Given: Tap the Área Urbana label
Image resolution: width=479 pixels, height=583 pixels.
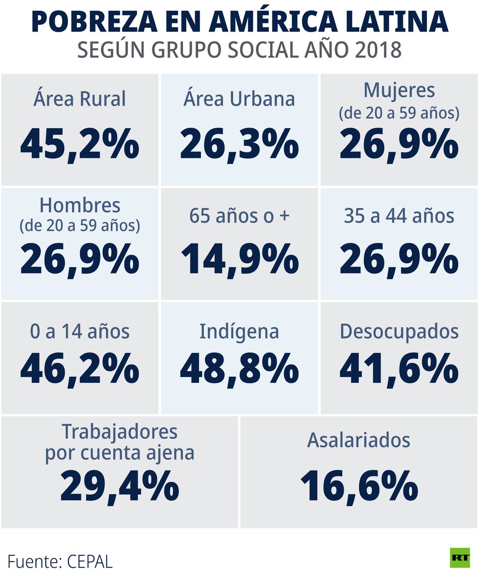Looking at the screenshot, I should tap(239, 99).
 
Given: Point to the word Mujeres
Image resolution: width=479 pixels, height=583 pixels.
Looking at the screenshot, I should tap(399, 91).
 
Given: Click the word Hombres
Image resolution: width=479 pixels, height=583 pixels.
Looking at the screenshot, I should tap(80, 205).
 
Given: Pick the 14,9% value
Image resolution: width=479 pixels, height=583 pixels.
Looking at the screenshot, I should tap(239, 260).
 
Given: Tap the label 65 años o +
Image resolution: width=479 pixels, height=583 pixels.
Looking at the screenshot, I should tap(239, 216).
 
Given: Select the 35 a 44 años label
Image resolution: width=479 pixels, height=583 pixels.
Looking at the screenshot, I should tap(399, 216).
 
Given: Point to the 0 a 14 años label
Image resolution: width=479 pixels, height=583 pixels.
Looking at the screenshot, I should tap(80, 332).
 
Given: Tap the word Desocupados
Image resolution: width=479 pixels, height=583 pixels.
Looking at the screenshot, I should tap(399, 332).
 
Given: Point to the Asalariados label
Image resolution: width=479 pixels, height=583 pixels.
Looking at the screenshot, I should tap(359, 440).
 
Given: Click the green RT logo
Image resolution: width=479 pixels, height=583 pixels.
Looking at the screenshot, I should tap(460, 558).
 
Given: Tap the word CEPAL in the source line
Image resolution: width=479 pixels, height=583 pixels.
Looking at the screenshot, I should tap(90, 562).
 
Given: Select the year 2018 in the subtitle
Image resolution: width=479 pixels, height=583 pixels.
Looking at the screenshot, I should tap(378, 50).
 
